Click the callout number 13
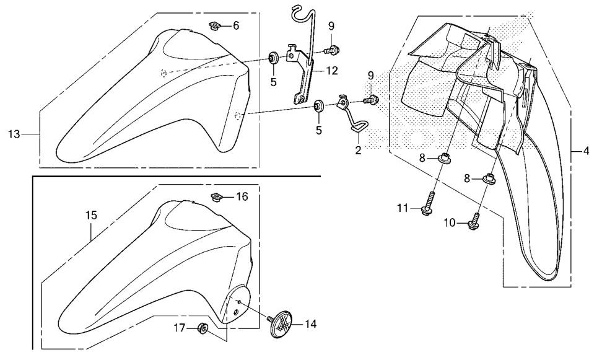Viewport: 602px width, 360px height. pyautogui.click(x=14, y=134)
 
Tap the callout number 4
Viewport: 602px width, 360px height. pyautogui.click(x=586, y=151)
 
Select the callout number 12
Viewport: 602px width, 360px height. pyautogui.click(x=332, y=71)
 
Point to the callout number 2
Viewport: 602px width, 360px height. pyautogui.click(x=358, y=150)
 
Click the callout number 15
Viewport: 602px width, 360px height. pyautogui.click(x=92, y=216)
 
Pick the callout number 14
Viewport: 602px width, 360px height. pyautogui.click(x=310, y=324)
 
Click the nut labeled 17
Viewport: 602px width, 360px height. pyautogui.click(x=203, y=328)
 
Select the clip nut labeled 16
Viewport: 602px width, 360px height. pyautogui.click(x=216, y=198)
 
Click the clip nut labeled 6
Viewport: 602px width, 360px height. pyautogui.click(x=215, y=26)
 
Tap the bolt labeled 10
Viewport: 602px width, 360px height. pyautogui.click(x=474, y=222)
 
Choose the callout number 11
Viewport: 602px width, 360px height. pyautogui.click(x=403, y=208)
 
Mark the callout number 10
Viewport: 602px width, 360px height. pyautogui.click(x=450, y=222)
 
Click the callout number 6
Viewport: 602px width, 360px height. pyautogui.click(x=236, y=26)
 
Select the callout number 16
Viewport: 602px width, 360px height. pyautogui.click(x=242, y=196)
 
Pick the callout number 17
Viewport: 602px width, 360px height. pyautogui.click(x=179, y=328)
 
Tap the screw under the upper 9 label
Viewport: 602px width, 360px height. pyautogui.click(x=331, y=50)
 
